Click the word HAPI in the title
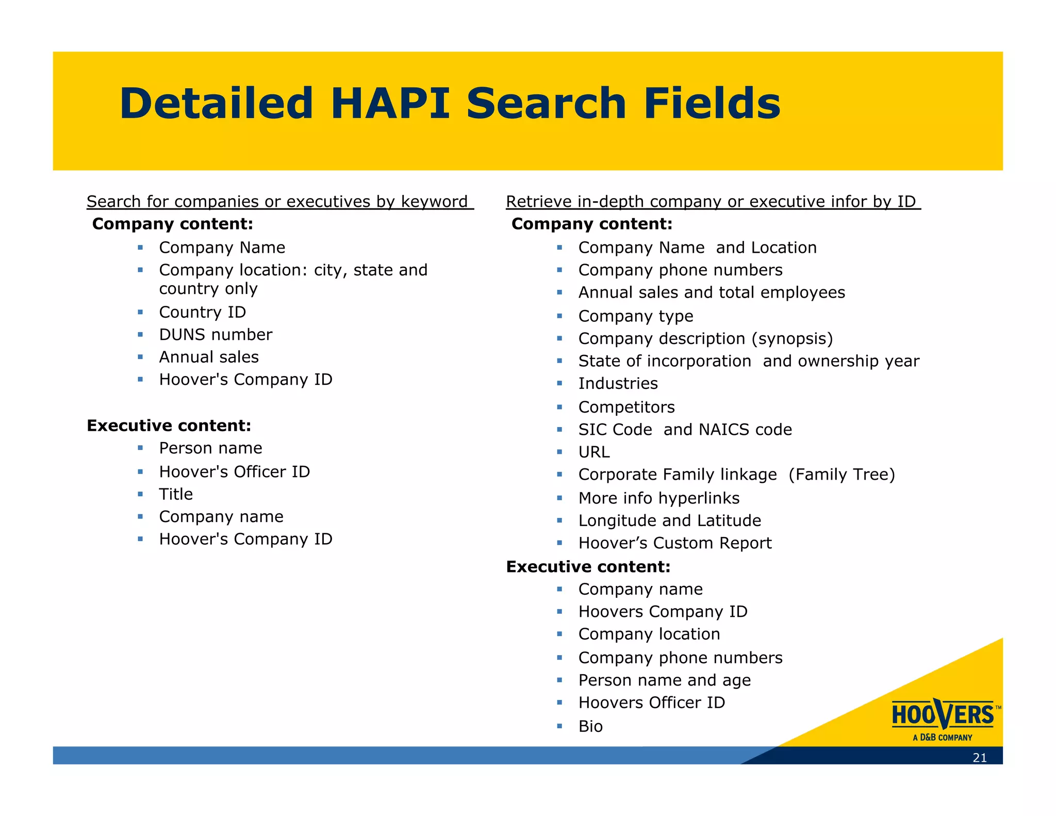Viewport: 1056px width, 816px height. (390, 104)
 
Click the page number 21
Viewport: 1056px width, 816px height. (979, 758)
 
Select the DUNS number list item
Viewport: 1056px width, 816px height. (216, 335)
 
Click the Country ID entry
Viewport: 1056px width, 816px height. (202, 312)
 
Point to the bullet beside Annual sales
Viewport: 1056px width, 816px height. (140, 356)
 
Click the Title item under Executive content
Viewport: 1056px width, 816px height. (176, 494)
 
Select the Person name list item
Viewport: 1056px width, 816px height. (210, 448)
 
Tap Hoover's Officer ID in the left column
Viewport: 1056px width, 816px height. (234, 471)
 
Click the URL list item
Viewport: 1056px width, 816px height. (593, 452)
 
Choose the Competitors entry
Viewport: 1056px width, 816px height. (626, 407)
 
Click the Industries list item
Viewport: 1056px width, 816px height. (618, 384)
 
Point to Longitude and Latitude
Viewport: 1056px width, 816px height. (669, 520)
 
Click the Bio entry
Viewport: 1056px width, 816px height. (590, 726)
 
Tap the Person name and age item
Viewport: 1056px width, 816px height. (664, 680)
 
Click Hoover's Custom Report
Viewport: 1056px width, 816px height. (674, 543)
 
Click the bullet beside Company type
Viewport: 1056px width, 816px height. (559, 316)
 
